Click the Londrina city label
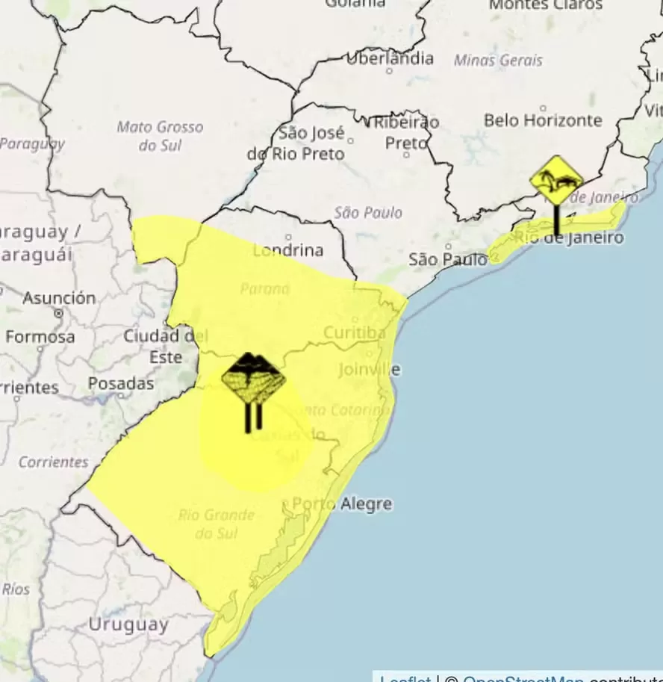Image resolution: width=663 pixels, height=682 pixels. (x=287, y=250)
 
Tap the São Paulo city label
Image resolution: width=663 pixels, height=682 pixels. (x=442, y=260)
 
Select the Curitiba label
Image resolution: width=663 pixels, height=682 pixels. (x=354, y=332)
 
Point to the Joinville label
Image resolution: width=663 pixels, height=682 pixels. (x=369, y=370)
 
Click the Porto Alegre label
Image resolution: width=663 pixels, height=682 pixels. (x=342, y=504)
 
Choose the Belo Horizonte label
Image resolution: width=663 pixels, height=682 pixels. (x=543, y=120)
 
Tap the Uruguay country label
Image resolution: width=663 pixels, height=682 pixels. (x=128, y=624)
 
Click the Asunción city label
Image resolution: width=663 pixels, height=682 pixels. (x=59, y=298)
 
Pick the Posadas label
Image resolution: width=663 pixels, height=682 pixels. (x=121, y=384)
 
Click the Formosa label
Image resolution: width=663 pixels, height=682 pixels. (x=40, y=337)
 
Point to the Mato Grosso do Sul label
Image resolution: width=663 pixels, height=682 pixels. (x=160, y=136)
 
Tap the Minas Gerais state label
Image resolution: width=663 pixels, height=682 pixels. (x=498, y=61)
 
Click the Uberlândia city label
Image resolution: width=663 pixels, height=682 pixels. (x=390, y=58)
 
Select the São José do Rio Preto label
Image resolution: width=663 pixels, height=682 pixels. (x=296, y=143)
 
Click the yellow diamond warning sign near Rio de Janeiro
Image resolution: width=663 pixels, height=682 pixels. (x=556, y=180)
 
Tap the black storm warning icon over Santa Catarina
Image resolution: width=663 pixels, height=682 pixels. (x=254, y=379)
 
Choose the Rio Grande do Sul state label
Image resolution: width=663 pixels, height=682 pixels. (x=216, y=524)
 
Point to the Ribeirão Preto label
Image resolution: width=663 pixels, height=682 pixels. (x=407, y=131)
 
